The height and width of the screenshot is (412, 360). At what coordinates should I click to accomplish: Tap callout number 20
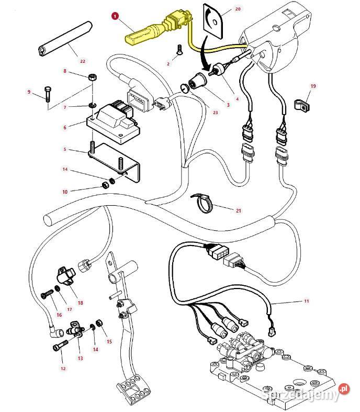(238, 9)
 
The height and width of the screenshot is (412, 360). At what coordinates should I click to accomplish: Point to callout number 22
(82, 61)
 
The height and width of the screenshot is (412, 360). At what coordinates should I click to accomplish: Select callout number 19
(313, 86)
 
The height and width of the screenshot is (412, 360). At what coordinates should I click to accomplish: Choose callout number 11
(306, 302)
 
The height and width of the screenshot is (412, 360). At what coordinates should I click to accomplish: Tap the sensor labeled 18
(65, 275)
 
